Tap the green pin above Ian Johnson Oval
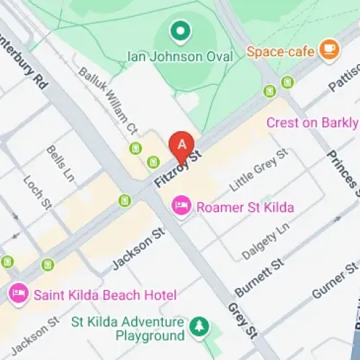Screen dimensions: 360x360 pos(179,31)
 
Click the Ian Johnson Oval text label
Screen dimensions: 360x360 pos(180,55)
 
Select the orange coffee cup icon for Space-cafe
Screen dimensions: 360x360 pos(329,49)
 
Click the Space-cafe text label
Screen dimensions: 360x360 pos(280,52)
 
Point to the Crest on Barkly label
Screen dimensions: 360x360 pos(312,122)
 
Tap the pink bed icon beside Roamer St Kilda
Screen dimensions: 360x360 pos(181,207)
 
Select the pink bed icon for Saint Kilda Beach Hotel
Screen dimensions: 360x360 pos(18,293)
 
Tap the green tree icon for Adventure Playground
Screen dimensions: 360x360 pos(198,328)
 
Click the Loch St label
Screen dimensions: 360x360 pos(36,193)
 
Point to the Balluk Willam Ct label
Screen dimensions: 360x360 pos(108,101)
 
